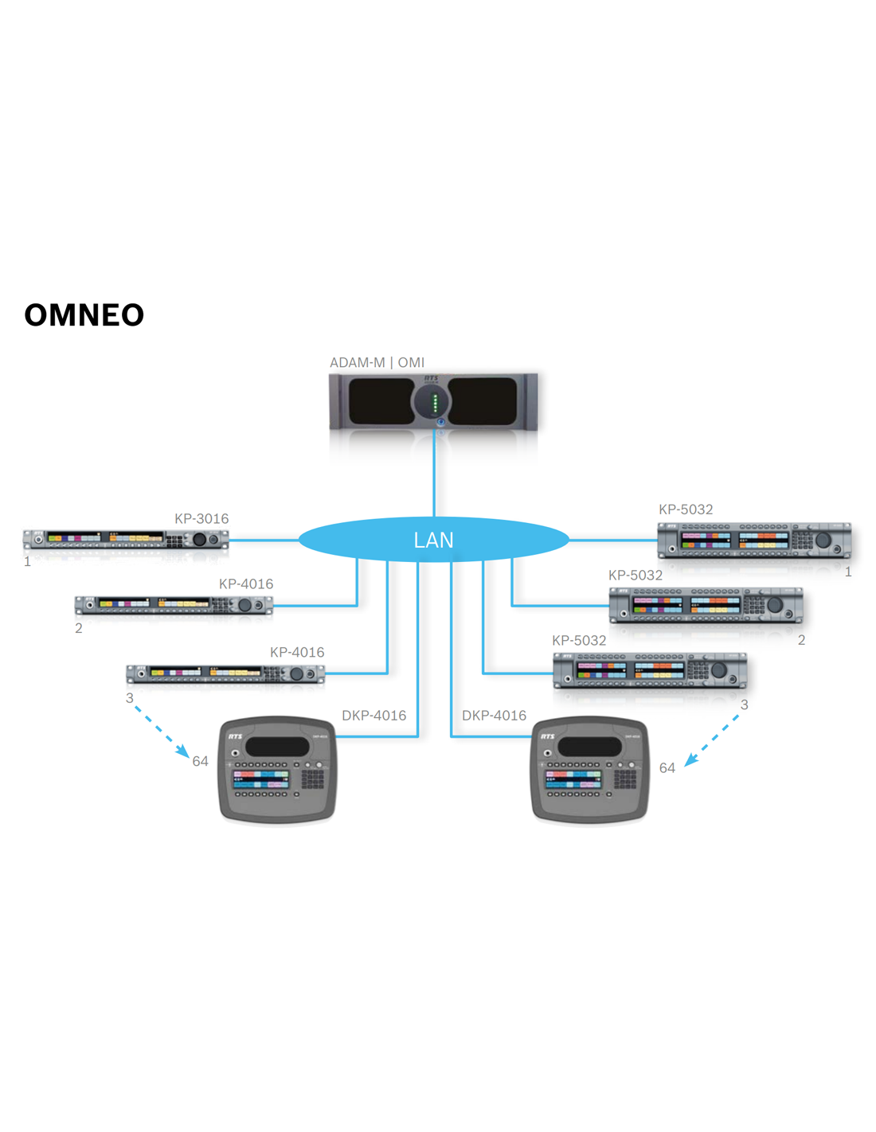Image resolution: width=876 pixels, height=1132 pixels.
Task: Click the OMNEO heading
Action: (x=84, y=315)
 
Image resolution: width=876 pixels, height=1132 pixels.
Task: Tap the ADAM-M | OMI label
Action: (x=377, y=362)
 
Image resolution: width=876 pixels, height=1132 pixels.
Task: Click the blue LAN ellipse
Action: (x=433, y=540)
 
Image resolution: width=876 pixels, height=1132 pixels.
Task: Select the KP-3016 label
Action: (x=201, y=518)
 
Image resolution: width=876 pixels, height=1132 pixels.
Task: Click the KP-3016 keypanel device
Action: (x=125, y=539)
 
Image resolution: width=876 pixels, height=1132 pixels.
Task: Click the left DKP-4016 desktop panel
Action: (x=277, y=769)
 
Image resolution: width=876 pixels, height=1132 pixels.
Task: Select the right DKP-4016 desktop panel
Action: (x=589, y=769)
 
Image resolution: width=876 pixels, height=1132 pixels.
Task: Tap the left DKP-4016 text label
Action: (x=373, y=715)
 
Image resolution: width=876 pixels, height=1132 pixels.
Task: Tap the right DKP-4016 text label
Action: (x=494, y=715)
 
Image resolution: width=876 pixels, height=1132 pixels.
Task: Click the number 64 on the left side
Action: (x=200, y=761)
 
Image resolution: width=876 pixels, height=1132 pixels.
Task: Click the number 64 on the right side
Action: (x=667, y=767)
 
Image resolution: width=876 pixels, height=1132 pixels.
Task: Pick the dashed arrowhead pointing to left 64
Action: (x=183, y=751)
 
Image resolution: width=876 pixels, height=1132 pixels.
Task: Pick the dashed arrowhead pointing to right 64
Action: (x=690, y=760)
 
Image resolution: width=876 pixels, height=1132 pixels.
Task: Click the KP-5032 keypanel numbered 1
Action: (x=753, y=540)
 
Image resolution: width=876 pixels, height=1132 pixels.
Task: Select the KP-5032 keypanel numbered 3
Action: (x=650, y=669)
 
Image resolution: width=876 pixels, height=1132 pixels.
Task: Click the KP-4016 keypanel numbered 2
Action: (x=174, y=605)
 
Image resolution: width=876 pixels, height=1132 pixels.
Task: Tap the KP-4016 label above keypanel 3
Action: (x=297, y=652)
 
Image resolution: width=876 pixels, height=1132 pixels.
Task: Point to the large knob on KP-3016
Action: (x=199, y=539)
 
